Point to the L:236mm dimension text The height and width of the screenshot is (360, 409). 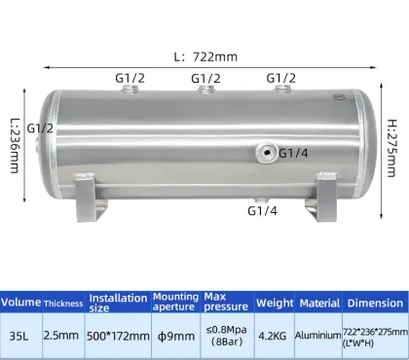click(x=14, y=142)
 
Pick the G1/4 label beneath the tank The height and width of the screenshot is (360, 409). click(x=262, y=210)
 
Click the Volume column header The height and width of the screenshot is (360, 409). click(x=20, y=303)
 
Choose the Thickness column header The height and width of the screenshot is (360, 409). click(x=63, y=303)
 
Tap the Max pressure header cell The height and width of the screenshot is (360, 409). click(x=226, y=303)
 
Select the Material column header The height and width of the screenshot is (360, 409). click(x=320, y=303)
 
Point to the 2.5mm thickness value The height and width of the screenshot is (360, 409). click(x=63, y=336)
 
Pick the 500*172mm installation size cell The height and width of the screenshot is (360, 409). click(x=118, y=336)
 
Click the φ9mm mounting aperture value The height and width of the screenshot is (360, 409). click(x=174, y=336)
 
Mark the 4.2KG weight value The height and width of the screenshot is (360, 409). click(x=275, y=336)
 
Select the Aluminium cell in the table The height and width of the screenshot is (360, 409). click(x=320, y=336)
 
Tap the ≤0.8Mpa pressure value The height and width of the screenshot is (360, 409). click(x=226, y=330)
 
